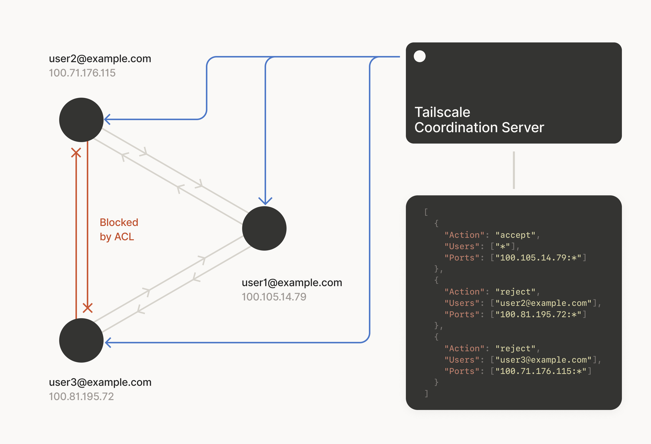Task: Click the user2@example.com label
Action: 100,59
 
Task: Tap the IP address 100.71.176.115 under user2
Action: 82,73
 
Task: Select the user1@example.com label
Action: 292,283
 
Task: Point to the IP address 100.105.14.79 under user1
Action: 274,297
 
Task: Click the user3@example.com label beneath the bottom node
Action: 100,382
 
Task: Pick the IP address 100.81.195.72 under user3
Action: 81,397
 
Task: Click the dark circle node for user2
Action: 81,120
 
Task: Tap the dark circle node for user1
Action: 264,228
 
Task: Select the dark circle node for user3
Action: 81,340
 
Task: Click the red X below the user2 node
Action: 76,153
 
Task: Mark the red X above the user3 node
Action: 88,308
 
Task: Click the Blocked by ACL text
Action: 119,229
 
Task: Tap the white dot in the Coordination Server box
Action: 420,56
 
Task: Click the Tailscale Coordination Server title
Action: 479,120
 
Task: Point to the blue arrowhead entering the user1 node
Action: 265,201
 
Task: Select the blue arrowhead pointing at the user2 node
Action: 108,119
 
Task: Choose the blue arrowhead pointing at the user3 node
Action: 108,343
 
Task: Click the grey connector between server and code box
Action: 514,170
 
